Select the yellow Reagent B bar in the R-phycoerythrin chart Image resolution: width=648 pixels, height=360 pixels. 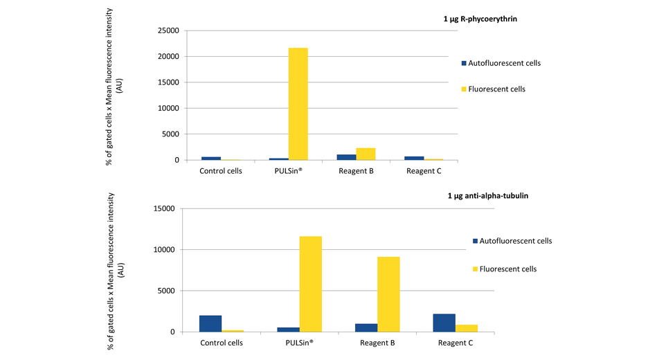coord(366,154)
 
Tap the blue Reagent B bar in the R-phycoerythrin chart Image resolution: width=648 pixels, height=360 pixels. coord(346,157)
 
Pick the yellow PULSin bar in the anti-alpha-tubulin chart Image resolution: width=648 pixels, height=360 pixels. coord(310,284)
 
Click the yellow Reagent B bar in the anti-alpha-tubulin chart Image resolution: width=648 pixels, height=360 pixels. coord(388,294)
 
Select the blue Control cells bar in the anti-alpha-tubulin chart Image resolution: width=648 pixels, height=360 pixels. coord(210,323)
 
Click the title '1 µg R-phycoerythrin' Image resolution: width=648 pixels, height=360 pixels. coord(480,19)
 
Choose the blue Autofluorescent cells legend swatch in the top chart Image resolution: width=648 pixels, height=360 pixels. coord(464,63)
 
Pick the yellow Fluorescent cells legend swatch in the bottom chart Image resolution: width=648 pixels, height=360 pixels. coord(475,269)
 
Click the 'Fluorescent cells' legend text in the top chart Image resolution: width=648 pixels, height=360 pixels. coord(496,89)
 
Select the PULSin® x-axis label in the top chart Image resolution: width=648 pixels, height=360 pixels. coord(288,171)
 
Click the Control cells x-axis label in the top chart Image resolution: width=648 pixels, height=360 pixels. coord(221,171)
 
